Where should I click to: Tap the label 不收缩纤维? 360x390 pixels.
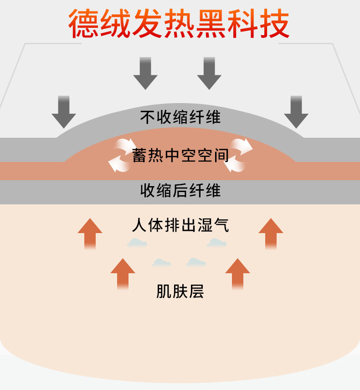point(180,118)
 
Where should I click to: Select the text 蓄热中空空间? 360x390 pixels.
point(180,156)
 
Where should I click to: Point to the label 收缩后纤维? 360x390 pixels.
point(180,190)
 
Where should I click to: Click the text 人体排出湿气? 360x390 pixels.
point(180,225)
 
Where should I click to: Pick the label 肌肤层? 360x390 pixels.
point(180,291)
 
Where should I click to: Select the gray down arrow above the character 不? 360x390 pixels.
point(145,73)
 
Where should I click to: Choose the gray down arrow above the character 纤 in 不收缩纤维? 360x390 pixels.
point(209,73)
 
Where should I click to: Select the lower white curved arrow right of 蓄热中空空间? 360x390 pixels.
point(235,163)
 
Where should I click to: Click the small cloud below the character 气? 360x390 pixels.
point(217,243)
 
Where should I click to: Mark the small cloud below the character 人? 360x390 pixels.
point(137,243)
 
